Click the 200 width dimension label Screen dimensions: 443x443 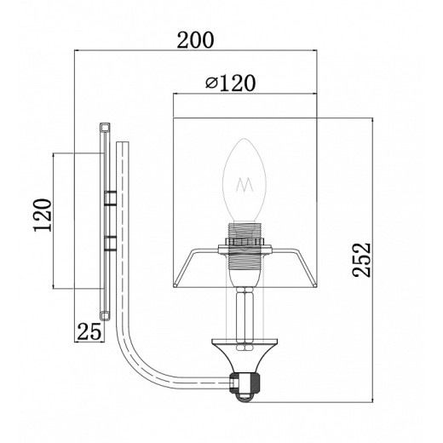(195, 40)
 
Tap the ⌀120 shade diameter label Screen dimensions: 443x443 (231, 83)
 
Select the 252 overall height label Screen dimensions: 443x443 (361, 260)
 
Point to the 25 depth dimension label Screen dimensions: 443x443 (89, 331)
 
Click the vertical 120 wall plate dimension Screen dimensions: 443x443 (43, 215)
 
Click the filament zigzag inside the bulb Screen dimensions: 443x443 (245, 185)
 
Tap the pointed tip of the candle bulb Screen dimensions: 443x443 (245, 139)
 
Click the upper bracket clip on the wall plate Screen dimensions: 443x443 (110, 198)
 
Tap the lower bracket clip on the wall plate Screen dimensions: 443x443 (110, 244)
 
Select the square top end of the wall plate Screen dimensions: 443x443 (105, 127)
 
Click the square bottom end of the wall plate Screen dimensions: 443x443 (105, 316)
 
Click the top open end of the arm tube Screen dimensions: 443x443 (123, 142)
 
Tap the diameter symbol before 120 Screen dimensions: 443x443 (211, 83)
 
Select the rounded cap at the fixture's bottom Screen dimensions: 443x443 (245, 398)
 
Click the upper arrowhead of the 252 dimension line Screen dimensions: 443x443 (372, 120)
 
